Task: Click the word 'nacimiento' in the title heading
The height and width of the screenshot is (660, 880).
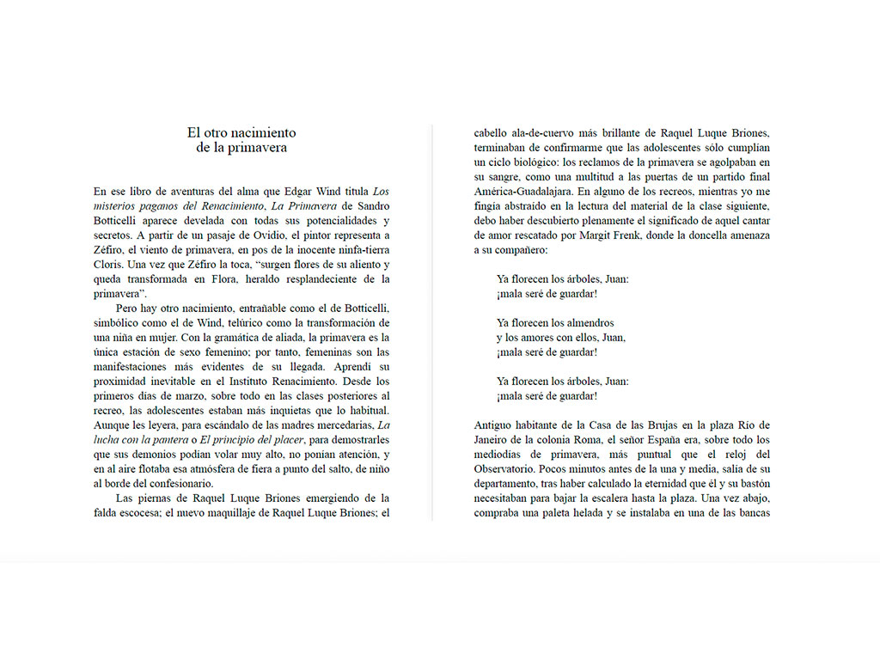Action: pos(265,132)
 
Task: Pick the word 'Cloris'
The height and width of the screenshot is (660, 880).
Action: pos(108,264)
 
